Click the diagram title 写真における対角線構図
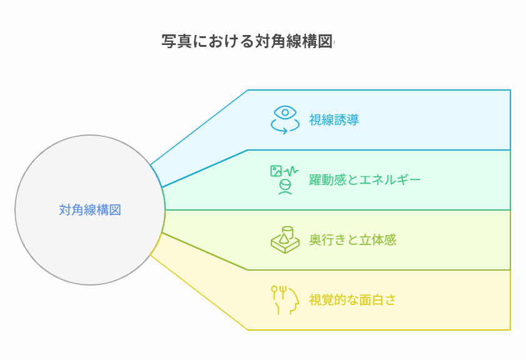pos(248,42)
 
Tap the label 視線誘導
pos(333,120)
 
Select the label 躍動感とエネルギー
pos(365,180)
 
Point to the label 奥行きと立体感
pos(352,240)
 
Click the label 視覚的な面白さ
pos(352,300)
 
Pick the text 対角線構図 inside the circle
pos(90,210)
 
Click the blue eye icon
pos(285,113)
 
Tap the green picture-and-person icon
pos(285,180)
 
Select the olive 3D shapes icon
pos(285,240)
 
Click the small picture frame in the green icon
pos(276,171)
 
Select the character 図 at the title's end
pos(326,42)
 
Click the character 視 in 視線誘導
pos(315,120)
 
